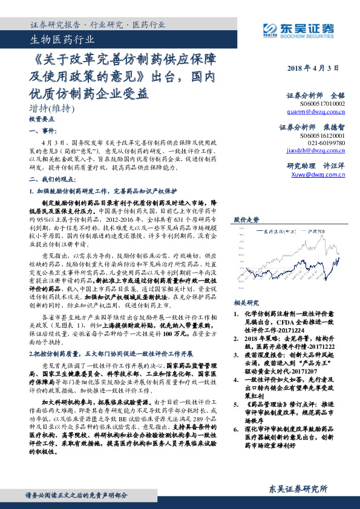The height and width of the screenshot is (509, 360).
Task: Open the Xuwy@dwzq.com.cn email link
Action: pos(318,173)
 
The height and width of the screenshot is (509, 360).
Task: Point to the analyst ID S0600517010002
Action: pos(322,104)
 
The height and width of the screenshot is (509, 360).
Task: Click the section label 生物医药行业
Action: pos(62,41)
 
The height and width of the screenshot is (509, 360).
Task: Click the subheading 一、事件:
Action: pos(42,130)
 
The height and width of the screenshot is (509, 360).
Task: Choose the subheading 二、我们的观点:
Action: pos(51,180)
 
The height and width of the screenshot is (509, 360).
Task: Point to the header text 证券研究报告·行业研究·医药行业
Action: pos(97,25)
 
